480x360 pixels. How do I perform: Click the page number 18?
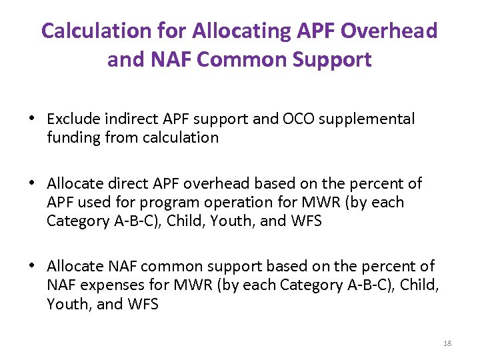tap(447, 343)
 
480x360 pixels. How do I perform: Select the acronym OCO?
tap(297, 119)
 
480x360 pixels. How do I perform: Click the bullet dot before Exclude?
tap(32, 120)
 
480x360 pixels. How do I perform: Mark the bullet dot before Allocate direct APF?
tap(32, 184)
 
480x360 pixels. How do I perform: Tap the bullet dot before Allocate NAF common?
tap(32, 267)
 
